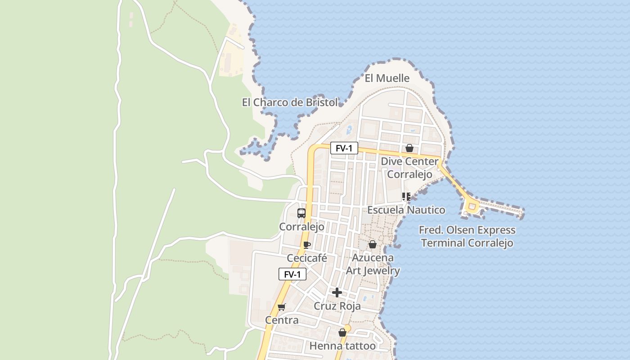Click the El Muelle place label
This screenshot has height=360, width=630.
387,78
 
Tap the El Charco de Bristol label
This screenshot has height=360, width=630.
290,103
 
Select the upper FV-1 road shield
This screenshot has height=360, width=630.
344,148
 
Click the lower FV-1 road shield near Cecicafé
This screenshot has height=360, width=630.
292,274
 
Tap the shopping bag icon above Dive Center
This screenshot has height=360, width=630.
409,148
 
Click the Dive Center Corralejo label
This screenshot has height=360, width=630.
409,167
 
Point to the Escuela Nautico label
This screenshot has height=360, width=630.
406,210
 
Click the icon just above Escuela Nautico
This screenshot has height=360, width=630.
406,197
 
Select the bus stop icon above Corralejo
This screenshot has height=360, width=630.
301,213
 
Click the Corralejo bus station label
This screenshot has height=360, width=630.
301,227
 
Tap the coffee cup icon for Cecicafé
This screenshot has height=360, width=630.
307,245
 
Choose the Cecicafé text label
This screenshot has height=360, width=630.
307,258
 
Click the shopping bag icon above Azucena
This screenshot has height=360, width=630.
373,244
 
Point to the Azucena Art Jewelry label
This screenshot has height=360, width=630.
373,264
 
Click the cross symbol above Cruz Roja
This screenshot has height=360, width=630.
337,292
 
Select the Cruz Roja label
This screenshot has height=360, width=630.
337,306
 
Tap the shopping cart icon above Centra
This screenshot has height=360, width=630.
282,307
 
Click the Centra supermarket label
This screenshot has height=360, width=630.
282,320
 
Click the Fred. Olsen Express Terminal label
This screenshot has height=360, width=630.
467,237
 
